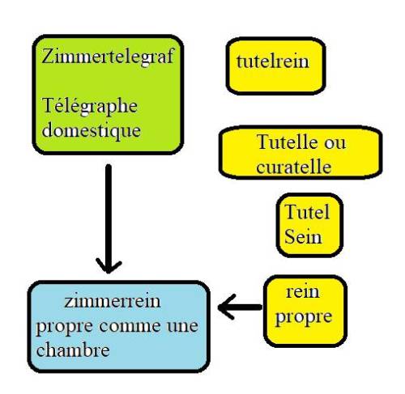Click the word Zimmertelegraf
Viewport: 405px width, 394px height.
tap(108, 57)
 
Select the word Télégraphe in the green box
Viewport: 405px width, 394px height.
tap(90, 107)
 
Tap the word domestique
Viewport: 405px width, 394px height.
tap(92, 131)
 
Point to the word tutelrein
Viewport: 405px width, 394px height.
tap(273, 61)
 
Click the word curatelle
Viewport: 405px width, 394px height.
tap(294, 167)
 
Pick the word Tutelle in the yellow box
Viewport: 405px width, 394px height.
tap(287, 142)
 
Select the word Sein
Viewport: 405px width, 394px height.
tap(303, 237)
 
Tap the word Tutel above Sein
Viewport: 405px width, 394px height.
tap(307, 212)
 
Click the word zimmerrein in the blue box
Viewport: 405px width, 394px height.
tap(113, 301)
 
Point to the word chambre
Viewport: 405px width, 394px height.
tap(73, 350)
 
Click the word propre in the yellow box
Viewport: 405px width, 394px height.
tap(304, 318)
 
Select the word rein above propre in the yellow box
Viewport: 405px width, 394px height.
tap(303, 292)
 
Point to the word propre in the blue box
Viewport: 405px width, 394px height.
tap(65, 328)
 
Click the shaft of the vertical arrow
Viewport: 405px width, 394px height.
tap(109, 216)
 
